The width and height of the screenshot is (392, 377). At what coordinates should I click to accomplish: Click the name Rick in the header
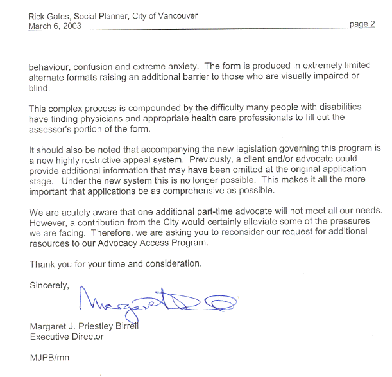[38, 15]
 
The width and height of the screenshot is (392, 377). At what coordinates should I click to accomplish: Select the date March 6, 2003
[55, 26]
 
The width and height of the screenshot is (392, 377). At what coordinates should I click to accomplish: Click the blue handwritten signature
[157, 301]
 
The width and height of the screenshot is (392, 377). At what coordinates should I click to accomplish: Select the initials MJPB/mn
[51, 358]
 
